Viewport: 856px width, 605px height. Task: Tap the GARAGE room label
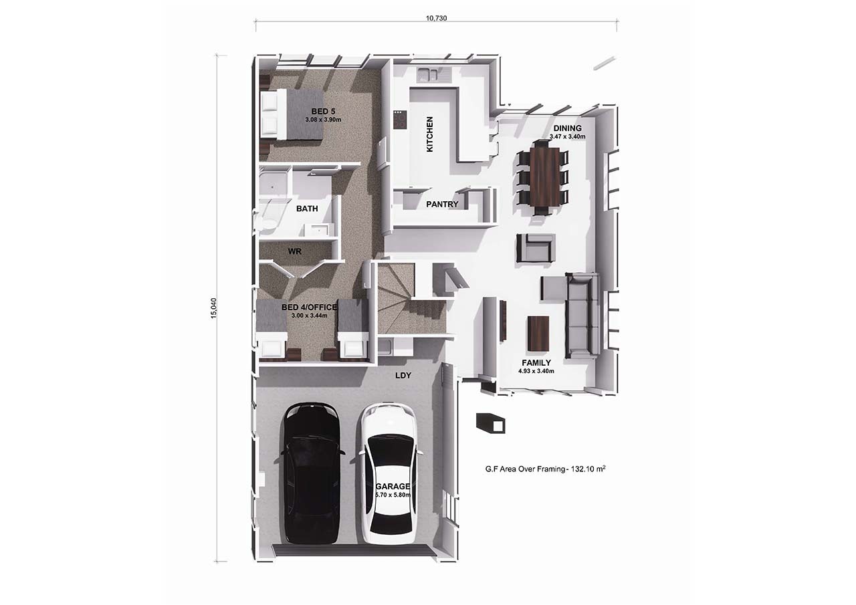coord(393,486)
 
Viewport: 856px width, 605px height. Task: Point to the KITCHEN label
coord(430,134)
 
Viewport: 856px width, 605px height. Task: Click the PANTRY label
coord(442,204)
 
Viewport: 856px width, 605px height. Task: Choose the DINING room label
coord(567,128)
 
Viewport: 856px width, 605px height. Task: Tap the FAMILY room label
coord(537,363)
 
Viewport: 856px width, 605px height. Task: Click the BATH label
coord(307,209)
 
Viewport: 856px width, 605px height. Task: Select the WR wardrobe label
coord(295,251)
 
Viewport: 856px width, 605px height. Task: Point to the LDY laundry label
coord(403,376)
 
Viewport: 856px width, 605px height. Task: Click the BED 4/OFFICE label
coord(309,308)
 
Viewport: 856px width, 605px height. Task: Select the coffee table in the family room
coord(538,332)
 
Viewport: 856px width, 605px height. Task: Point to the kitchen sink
coord(427,75)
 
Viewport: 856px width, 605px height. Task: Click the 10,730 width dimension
coord(436,18)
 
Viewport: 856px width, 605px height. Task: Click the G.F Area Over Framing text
coord(545,469)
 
